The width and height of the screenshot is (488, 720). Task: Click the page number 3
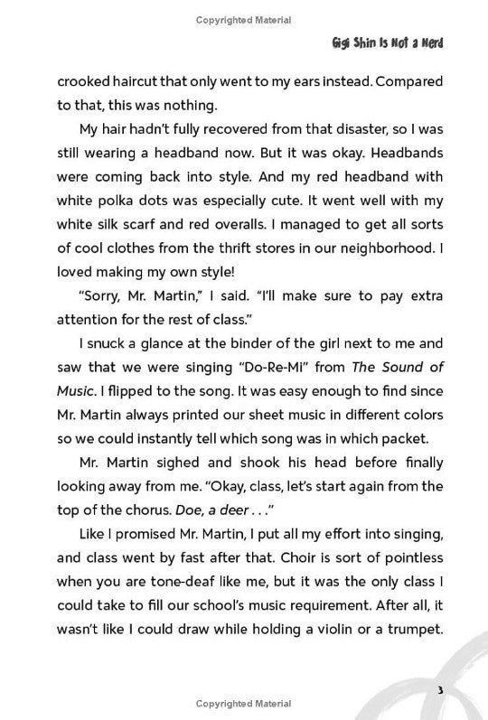coord(438,690)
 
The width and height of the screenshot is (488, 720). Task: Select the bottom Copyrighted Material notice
coord(243,703)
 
